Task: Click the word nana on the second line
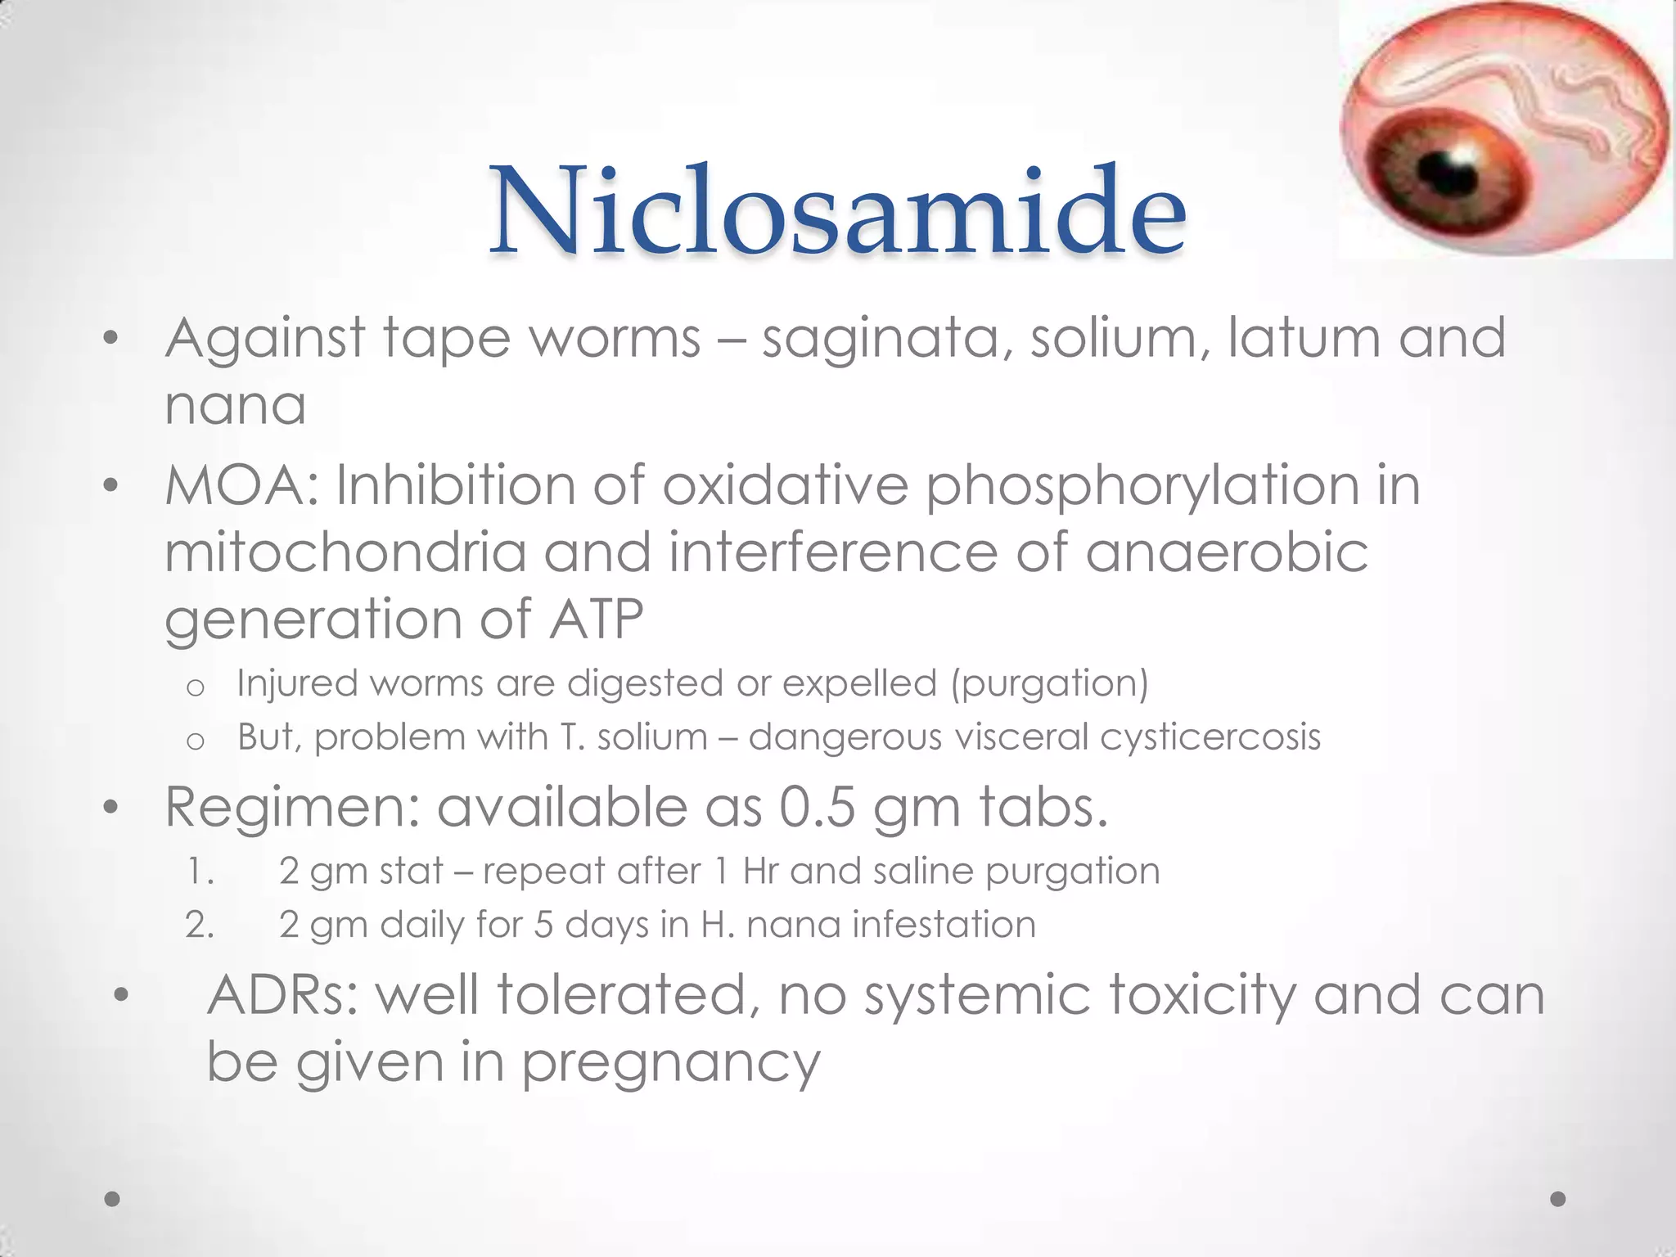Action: (x=236, y=404)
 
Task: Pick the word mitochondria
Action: (x=345, y=552)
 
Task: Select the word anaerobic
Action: (x=1227, y=552)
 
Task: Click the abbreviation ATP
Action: (x=596, y=619)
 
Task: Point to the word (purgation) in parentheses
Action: (x=1049, y=684)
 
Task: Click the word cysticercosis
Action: (x=1210, y=737)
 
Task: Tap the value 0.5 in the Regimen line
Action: (x=817, y=807)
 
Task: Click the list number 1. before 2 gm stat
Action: (x=200, y=872)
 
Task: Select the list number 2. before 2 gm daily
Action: (x=200, y=926)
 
